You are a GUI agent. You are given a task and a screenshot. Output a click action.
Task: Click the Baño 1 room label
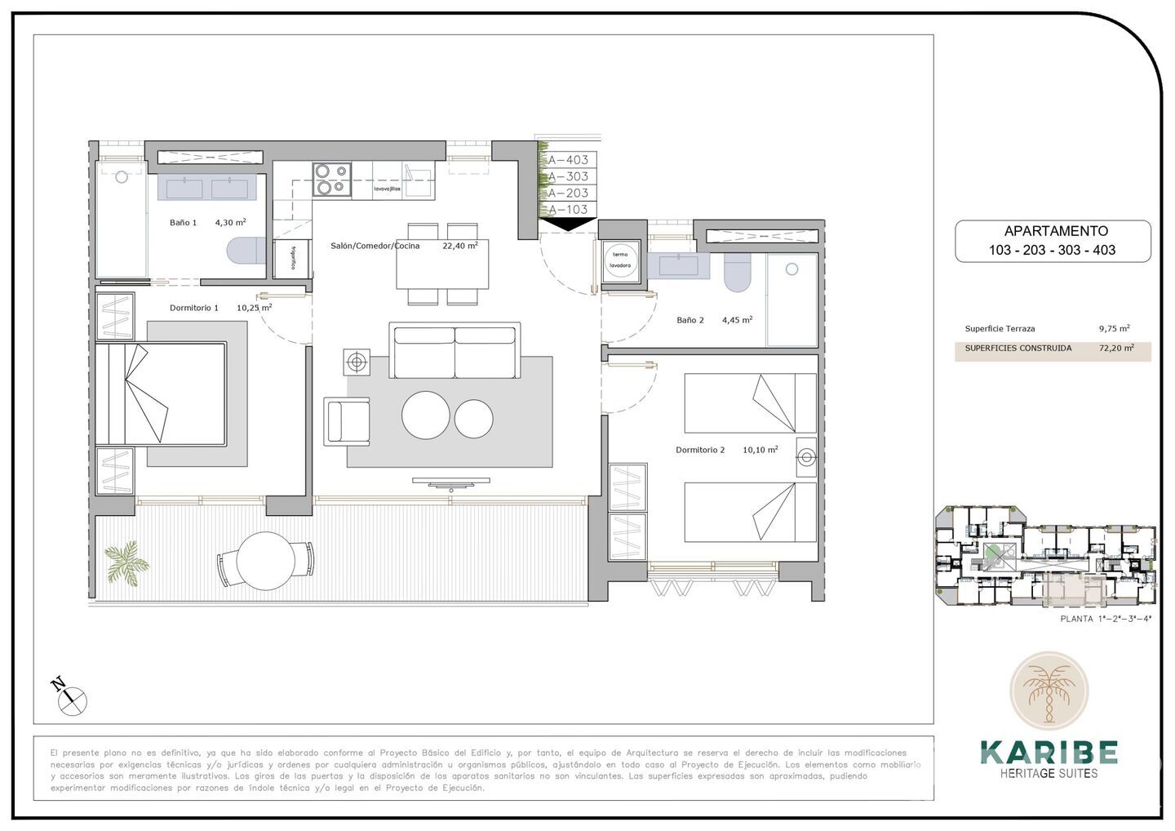click(x=183, y=222)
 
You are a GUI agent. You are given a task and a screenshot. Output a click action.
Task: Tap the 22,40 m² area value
click(x=459, y=245)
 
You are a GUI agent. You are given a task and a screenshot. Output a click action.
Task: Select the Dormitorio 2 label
click(x=700, y=450)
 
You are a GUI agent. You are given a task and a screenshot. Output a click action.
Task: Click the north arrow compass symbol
click(x=71, y=695)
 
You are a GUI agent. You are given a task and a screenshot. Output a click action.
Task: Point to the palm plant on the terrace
click(x=126, y=561)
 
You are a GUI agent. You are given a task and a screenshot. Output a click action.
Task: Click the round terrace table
click(x=265, y=561)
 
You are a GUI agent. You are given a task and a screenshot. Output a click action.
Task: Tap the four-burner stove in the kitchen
click(x=332, y=180)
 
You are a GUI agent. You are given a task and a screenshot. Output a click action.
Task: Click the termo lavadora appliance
click(x=621, y=260)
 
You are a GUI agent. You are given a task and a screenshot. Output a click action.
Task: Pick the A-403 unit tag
click(x=568, y=160)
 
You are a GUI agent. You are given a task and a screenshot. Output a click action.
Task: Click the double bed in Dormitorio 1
click(x=161, y=393)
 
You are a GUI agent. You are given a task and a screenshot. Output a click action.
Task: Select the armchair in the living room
click(x=346, y=421)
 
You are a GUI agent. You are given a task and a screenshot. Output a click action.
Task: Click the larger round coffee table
click(x=425, y=415)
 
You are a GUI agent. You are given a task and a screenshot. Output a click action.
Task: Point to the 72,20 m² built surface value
click(x=1116, y=348)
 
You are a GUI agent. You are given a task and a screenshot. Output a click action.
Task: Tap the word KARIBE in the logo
click(x=1049, y=751)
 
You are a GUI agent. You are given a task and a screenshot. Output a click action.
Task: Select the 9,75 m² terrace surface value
click(x=1114, y=328)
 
